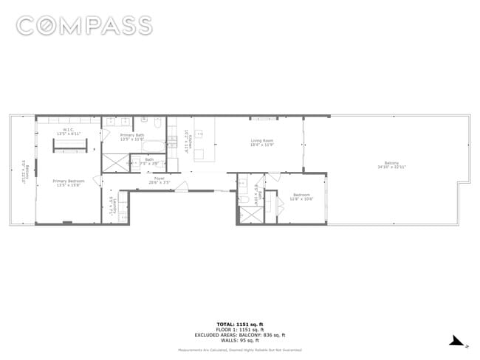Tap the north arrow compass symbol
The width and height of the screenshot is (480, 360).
tap(459, 341)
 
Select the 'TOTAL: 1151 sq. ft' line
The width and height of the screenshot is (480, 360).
tap(240, 325)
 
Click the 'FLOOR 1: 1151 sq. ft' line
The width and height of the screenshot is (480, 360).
tap(240, 330)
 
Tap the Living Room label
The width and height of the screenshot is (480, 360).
tap(262, 142)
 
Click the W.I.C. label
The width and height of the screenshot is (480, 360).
tap(68, 132)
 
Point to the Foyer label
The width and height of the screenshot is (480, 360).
tap(159, 179)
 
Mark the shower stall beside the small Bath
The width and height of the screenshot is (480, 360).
tap(115, 163)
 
